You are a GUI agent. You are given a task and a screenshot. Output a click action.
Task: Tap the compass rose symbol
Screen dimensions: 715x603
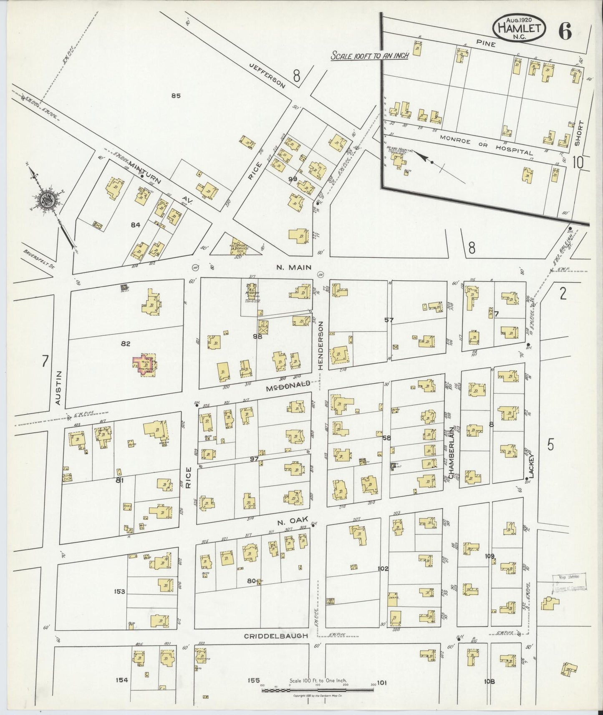click(46, 201)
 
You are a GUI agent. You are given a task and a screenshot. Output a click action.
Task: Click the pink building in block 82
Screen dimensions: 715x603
click(143, 366)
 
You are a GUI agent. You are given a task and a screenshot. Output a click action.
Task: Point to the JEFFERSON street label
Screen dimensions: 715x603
click(267, 76)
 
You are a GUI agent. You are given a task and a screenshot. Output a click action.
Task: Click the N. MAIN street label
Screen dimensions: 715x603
click(294, 267)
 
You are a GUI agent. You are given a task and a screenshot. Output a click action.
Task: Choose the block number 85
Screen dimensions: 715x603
click(175, 96)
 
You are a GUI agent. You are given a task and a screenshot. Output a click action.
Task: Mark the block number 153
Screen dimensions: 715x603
click(119, 592)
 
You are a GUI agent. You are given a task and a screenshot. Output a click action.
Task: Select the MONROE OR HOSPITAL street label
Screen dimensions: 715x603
click(485, 145)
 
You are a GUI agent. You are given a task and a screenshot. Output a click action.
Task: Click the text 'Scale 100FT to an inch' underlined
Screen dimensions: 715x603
click(369, 55)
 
